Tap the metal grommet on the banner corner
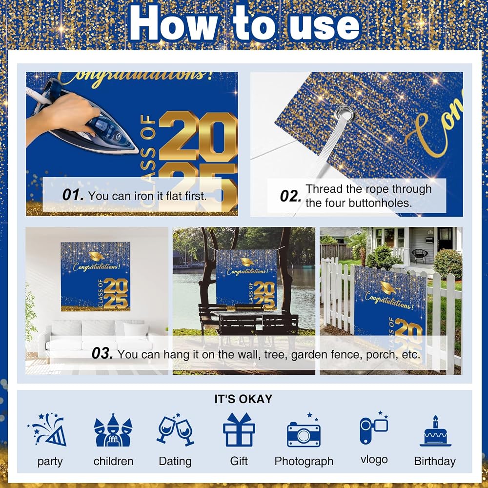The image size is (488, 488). [344, 112]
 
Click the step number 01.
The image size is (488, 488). [73, 195]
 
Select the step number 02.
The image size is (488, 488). [290, 196]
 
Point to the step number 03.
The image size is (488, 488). [102, 353]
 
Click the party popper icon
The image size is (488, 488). [48, 429]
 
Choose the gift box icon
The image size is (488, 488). [239, 429]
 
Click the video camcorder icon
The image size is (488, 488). [374, 427]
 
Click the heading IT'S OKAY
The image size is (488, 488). [244, 399]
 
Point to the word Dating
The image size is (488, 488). [175, 461]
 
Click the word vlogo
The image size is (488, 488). [374, 460]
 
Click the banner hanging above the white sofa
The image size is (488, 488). [95, 276]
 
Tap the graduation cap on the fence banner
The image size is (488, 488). [388, 287]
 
